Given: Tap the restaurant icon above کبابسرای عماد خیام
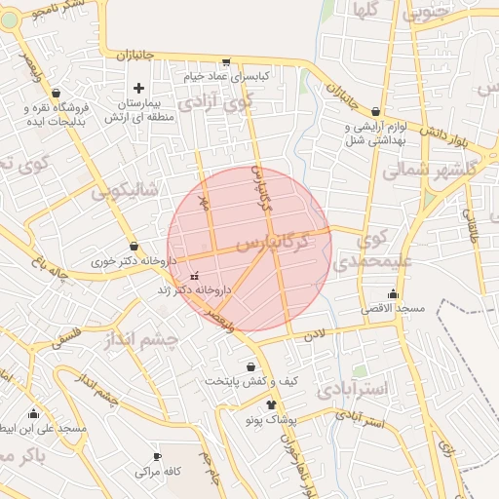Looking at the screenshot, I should click(x=227, y=60).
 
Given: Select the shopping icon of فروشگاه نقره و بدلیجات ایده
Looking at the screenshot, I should click(x=56, y=93).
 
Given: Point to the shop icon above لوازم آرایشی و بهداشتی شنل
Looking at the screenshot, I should click(x=375, y=112).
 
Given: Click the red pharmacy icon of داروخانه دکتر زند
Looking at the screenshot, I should click(x=194, y=276).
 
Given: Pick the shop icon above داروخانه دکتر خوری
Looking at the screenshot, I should click(x=134, y=247).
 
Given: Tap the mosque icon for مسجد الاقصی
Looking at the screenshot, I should click(x=393, y=293).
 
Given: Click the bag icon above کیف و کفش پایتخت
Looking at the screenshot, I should click(x=252, y=367).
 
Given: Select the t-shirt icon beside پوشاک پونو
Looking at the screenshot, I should click(x=271, y=404).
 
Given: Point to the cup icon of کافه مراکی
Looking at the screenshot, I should click(x=158, y=456).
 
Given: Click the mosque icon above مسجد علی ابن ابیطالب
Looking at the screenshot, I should click(x=34, y=413).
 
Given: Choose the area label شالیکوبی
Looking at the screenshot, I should click(x=125, y=191).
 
